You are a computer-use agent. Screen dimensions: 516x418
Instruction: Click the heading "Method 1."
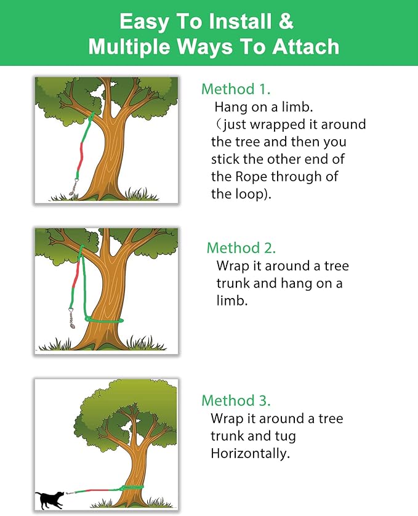pyautogui.click(x=236, y=89)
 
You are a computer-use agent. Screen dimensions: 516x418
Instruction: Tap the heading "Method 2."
pyautogui.click(x=241, y=248)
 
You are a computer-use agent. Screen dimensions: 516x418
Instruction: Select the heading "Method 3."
pyautogui.click(x=236, y=400)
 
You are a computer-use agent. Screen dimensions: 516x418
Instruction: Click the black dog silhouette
pyautogui.click(x=50, y=498)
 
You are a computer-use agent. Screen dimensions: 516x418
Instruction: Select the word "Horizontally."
pyautogui.click(x=250, y=454)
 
